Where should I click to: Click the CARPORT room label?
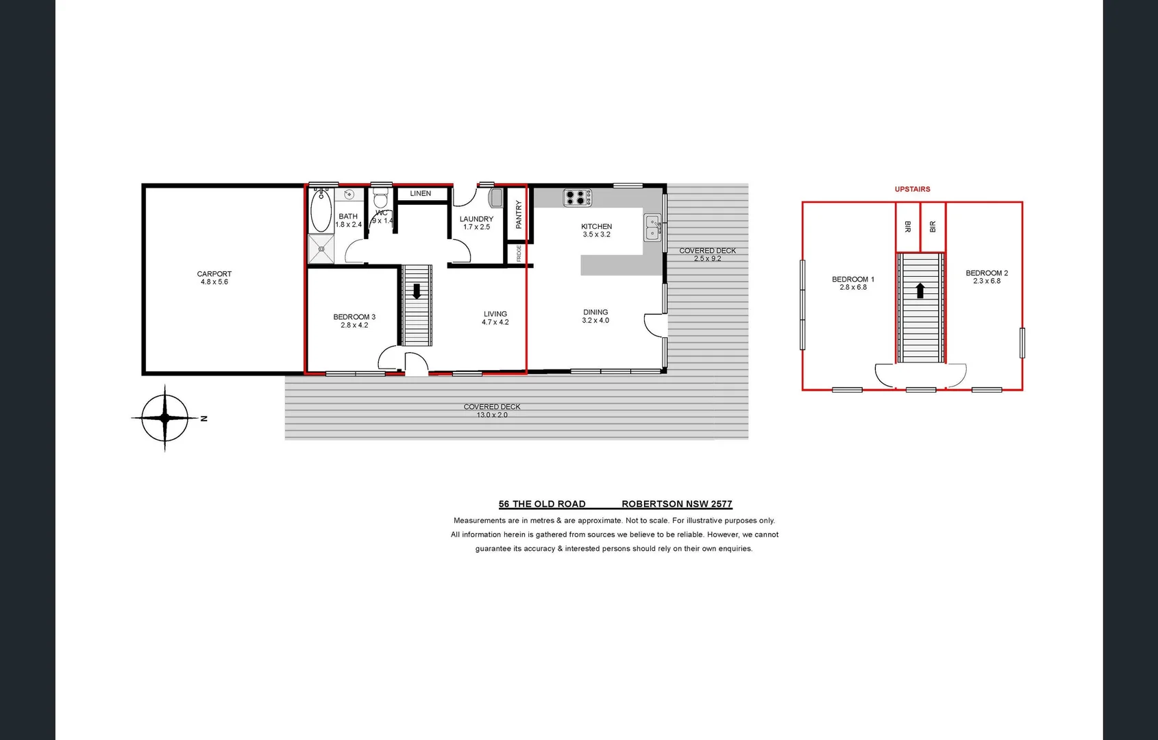click(214, 274)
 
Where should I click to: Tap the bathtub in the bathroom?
click(321, 211)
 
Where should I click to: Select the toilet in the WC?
click(381, 199)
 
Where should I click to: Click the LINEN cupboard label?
click(420, 194)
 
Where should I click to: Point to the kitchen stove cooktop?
click(577, 198)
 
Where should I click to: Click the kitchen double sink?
click(652, 227)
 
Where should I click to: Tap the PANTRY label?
click(519, 214)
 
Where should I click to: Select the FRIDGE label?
click(519, 253)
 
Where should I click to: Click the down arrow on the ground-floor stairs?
click(416, 291)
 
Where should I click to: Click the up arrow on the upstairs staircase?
click(920, 291)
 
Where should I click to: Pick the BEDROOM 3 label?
click(354, 317)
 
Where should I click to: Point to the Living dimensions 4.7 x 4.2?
click(495, 323)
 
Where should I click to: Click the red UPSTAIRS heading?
click(912, 189)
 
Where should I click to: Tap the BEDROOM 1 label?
click(852, 280)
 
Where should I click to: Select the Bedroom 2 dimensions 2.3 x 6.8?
click(986, 282)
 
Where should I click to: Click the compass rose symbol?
click(164, 418)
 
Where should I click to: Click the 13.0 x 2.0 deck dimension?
click(492, 415)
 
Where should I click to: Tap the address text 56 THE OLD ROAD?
click(542, 504)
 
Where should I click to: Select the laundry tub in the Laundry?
click(495, 199)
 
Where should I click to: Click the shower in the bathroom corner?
click(320, 249)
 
